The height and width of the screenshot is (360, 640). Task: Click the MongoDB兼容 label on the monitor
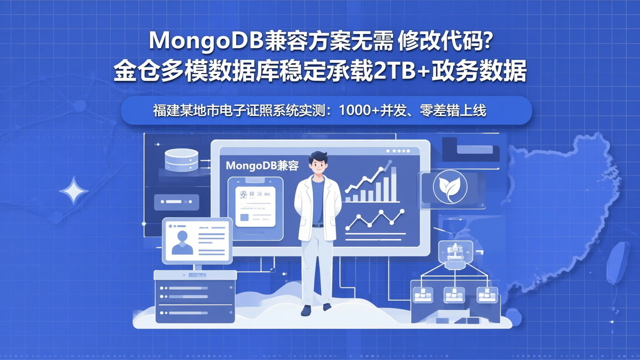pyautogui.click(x=262, y=166)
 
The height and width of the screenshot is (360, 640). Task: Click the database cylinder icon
pyautogui.click(x=181, y=160)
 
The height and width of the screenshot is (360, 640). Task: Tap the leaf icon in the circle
pyautogui.click(x=450, y=187)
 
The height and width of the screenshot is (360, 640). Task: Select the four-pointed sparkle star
pyautogui.click(x=74, y=191)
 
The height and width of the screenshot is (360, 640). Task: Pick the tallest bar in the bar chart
pyautogui.click(x=393, y=182)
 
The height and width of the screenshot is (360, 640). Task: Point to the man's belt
pyautogui.click(x=318, y=225)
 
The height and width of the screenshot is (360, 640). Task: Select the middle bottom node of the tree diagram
pyautogui.click(x=454, y=294)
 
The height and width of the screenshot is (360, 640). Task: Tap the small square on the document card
pyautogui.click(x=244, y=217)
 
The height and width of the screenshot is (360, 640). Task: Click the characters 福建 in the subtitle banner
pyautogui.click(x=166, y=111)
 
